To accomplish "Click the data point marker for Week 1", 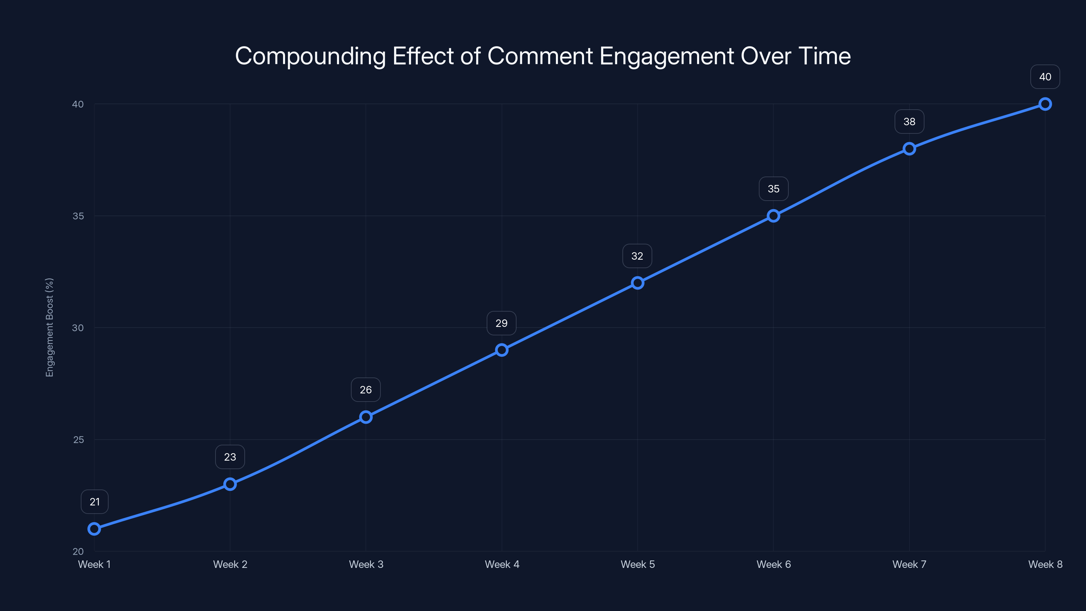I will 94,529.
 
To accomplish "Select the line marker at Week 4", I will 502,350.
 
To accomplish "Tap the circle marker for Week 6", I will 773,216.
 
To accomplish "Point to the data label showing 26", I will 366,390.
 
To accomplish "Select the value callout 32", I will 637,256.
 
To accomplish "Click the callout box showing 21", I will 94,502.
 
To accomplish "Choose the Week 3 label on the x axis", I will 366,564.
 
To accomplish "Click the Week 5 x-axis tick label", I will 637,564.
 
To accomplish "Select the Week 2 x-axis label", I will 230,564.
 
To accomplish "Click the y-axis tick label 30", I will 78,328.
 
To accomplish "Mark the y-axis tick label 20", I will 78,552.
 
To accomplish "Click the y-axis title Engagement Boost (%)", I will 50,327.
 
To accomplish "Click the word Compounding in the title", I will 310,56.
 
